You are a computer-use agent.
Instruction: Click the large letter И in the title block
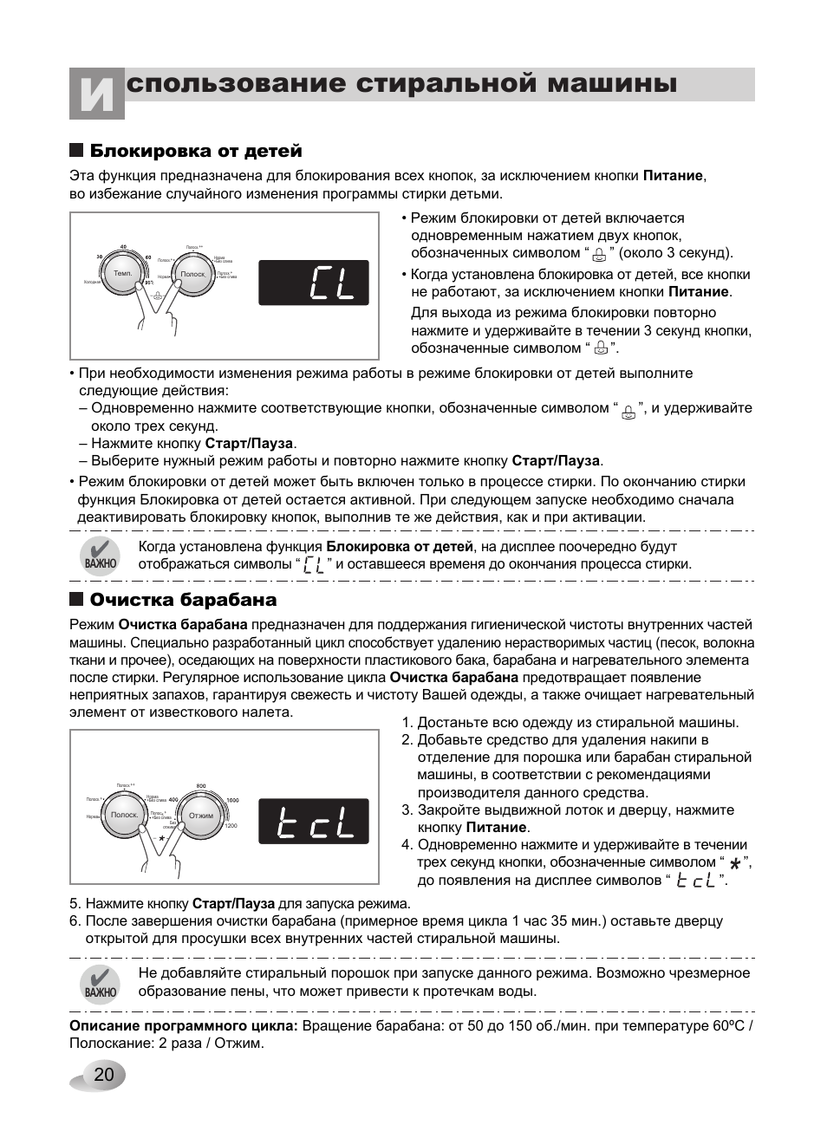coord(96,94)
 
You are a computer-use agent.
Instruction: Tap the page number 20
coord(103,1076)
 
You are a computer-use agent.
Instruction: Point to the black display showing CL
coord(314,283)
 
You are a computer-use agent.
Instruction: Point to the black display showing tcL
coord(314,821)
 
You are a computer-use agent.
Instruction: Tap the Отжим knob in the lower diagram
coord(201,816)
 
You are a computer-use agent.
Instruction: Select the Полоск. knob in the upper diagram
coord(192,274)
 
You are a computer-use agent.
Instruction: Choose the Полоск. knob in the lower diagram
coord(125,816)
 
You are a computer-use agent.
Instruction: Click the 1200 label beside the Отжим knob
coord(231,826)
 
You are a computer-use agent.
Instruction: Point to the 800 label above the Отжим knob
coord(201,786)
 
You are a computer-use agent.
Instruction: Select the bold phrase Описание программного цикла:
coord(184,1025)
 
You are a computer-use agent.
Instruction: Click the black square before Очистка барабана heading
coord(76,600)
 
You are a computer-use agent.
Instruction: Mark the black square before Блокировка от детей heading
coord(76,152)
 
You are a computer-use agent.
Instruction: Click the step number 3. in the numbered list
coord(406,810)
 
